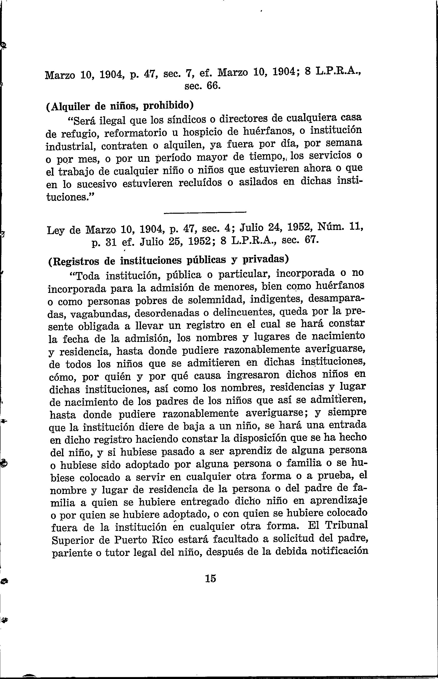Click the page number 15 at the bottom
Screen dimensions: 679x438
210,578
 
